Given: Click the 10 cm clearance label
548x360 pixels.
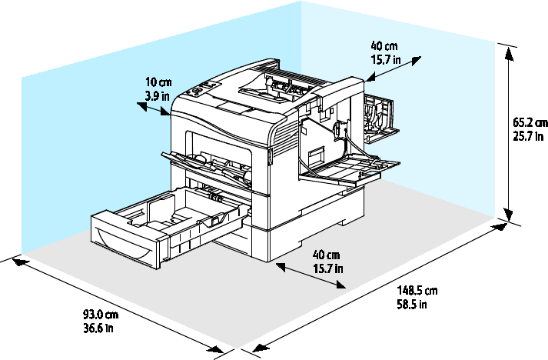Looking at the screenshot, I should pyautogui.click(x=158, y=82).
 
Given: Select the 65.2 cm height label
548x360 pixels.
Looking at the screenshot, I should pyautogui.click(x=530, y=122).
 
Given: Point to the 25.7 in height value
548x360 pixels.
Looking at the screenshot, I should pyautogui.click(x=530, y=135).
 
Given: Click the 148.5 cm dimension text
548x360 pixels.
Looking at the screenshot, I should pyautogui.click(x=417, y=291).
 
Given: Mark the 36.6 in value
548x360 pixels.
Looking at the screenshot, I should pyautogui.click(x=98, y=328).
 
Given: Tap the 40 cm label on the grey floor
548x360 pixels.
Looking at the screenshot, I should pyautogui.click(x=327, y=255).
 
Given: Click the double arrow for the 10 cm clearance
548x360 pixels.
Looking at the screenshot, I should pyautogui.click(x=153, y=110).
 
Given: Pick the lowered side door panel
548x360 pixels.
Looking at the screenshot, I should pyautogui.click(x=350, y=169).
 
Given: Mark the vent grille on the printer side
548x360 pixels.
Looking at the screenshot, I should pyautogui.click(x=282, y=138).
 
